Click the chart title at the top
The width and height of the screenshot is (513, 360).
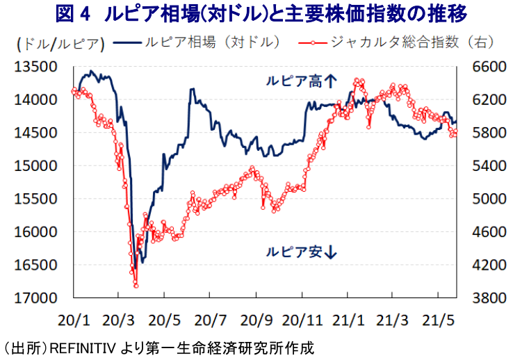tap(257, 13)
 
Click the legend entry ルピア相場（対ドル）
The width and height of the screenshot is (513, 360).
tap(212, 43)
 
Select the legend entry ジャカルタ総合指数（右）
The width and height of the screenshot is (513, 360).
tap(414, 43)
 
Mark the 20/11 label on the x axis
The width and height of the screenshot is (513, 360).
tap(302, 320)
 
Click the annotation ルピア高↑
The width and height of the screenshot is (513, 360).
tap(300, 81)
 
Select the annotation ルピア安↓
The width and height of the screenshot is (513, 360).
tap(300, 252)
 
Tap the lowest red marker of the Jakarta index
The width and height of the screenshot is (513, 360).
tap(136, 285)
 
